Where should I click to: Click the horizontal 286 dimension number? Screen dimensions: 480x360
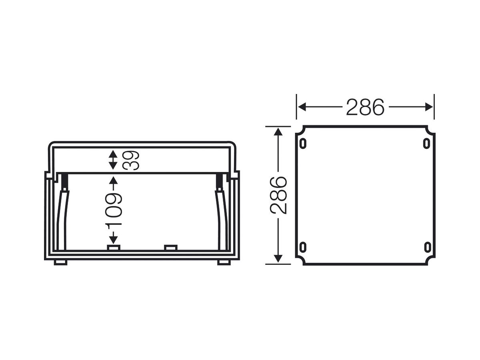pyautogui.click(x=365, y=107)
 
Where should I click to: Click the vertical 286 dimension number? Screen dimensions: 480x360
pyautogui.click(x=278, y=196)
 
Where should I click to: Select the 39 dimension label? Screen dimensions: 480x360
pyautogui.click(x=131, y=160)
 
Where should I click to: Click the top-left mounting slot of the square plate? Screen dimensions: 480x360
pyautogui.click(x=303, y=143)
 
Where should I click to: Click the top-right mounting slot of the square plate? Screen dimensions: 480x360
pyautogui.click(x=427, y=143)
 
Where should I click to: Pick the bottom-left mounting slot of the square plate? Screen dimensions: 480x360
pyautogui.click(x=303, y=247)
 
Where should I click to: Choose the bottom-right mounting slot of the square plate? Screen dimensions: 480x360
pyautogui.click(x=427, y=247)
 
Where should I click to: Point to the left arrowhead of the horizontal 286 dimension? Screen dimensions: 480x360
pyautogui.click(x=302, y=107)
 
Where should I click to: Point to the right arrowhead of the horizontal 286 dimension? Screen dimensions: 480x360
pyautogui.click(x=429, y=107)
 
